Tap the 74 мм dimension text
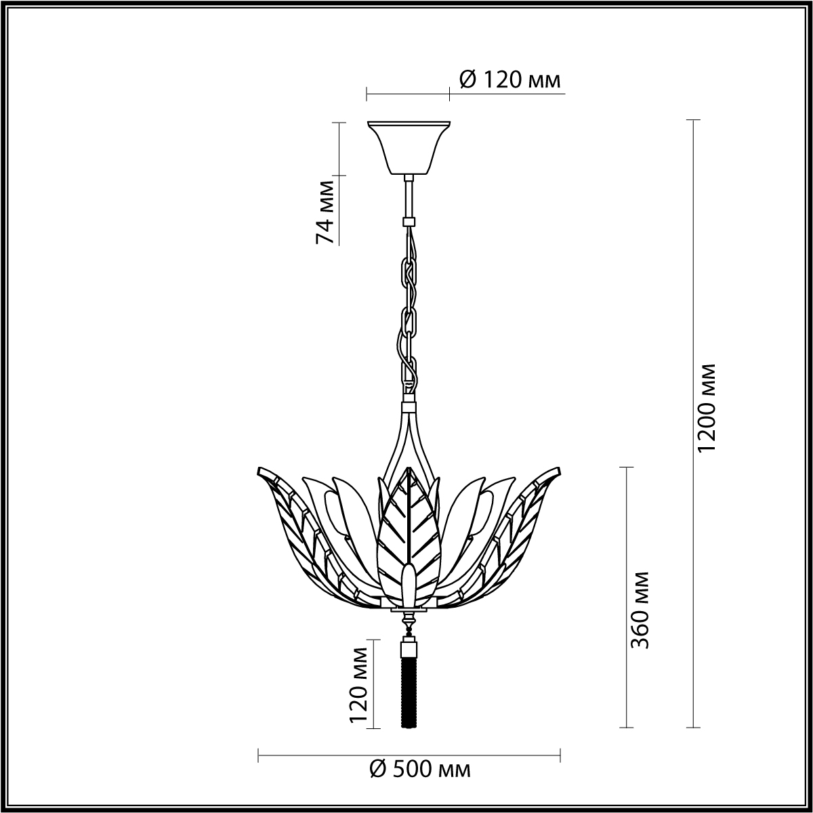coord(326,212)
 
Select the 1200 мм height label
coord(706,408)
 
